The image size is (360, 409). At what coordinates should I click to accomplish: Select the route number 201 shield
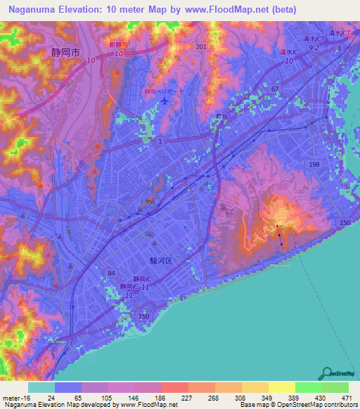tap(202, 46)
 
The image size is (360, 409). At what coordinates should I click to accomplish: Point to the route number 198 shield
tap(314, 164)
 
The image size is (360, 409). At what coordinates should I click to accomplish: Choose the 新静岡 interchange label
tap(120, 44)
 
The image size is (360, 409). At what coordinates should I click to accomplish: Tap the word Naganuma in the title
tap(34, 9)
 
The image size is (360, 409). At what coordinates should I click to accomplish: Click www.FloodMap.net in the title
tap(233, 9)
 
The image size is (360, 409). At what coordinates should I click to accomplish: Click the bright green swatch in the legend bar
tap(308, 387)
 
